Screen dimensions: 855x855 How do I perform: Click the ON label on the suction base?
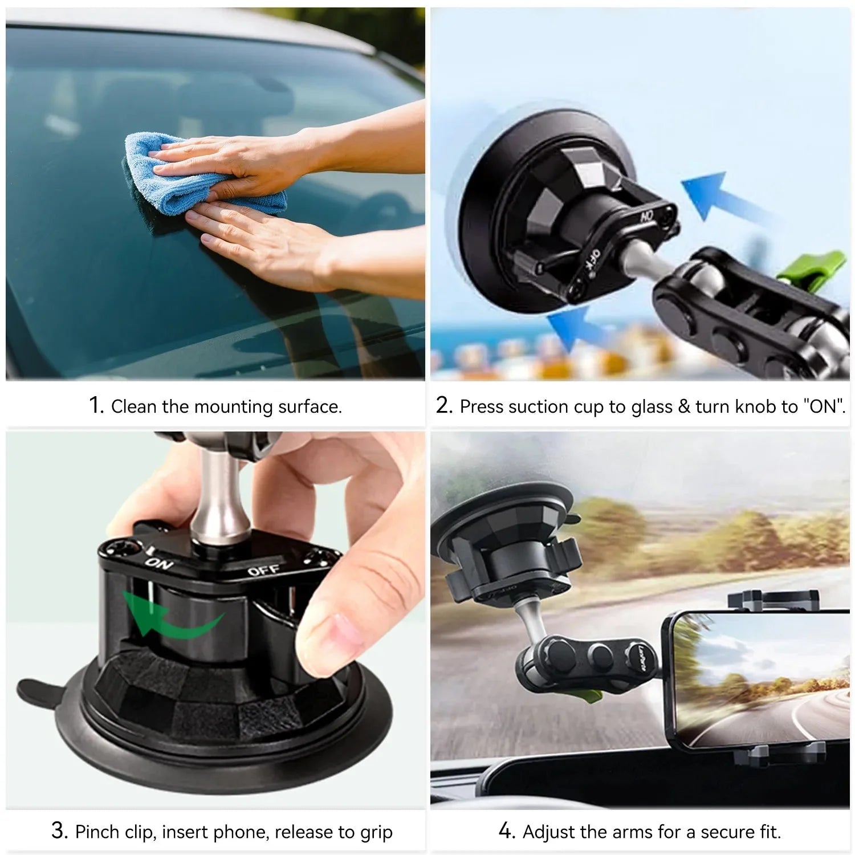coord(160,563)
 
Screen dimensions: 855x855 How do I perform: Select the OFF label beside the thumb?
coord(264,569)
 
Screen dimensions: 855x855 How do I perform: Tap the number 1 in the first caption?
coord(95,405)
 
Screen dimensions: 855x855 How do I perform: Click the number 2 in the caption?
coord(443,405)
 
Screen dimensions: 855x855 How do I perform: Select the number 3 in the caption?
coord(59,830)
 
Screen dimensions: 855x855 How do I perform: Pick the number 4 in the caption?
coord(506,831)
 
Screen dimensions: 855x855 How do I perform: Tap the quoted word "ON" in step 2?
coord(824,406)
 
